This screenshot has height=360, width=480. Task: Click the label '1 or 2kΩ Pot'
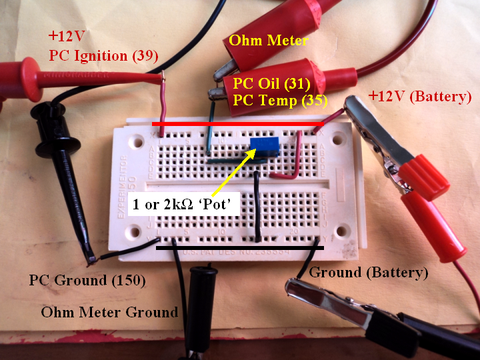[x=187, y=204]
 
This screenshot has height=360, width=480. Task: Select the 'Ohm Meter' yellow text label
[x=269, y=40]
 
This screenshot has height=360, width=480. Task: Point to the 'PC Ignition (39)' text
[x=103, y=55]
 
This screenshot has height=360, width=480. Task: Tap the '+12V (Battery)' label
[x=420, y=97]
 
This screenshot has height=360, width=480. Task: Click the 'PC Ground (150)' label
[x=87, y=280]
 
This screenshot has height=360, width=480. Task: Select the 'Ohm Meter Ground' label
[x=109, y=311]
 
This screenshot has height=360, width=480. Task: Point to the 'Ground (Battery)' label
[x=369, y=273]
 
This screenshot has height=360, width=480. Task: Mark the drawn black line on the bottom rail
[x=239, y=248]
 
